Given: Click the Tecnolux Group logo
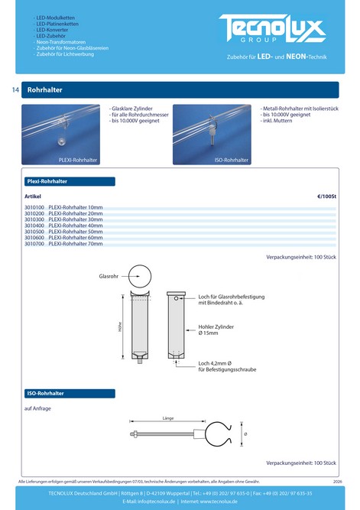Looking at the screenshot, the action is tap(272, 28).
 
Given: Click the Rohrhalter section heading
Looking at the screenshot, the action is tap(44, 89).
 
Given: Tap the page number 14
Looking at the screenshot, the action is tap(15, 89).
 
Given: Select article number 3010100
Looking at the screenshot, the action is tap(34, 207).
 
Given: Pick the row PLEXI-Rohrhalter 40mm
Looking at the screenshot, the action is tap(76, 226).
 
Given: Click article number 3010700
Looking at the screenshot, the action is tap(34, 244).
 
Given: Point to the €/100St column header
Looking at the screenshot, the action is tap(326, 197).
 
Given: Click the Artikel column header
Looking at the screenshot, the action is tap(33, 197).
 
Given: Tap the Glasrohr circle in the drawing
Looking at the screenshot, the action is tap(140, 265).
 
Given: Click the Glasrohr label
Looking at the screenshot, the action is tap(109, 276).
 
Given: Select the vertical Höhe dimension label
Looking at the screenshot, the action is tap(120, 326).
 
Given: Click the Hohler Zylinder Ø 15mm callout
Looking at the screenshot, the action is tap(216, 330).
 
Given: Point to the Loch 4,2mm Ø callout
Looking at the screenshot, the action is tap(227, 366).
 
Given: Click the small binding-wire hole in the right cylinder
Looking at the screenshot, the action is tap(176, 298).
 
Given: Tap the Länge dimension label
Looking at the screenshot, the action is tap(168, 418).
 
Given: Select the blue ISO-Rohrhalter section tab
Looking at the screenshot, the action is tap(70, 393).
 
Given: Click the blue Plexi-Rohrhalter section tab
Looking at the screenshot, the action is tap(70, 181).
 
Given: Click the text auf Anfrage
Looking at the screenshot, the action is tap(37, 408).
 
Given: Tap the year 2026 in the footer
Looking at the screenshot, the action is tap(338, 482).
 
